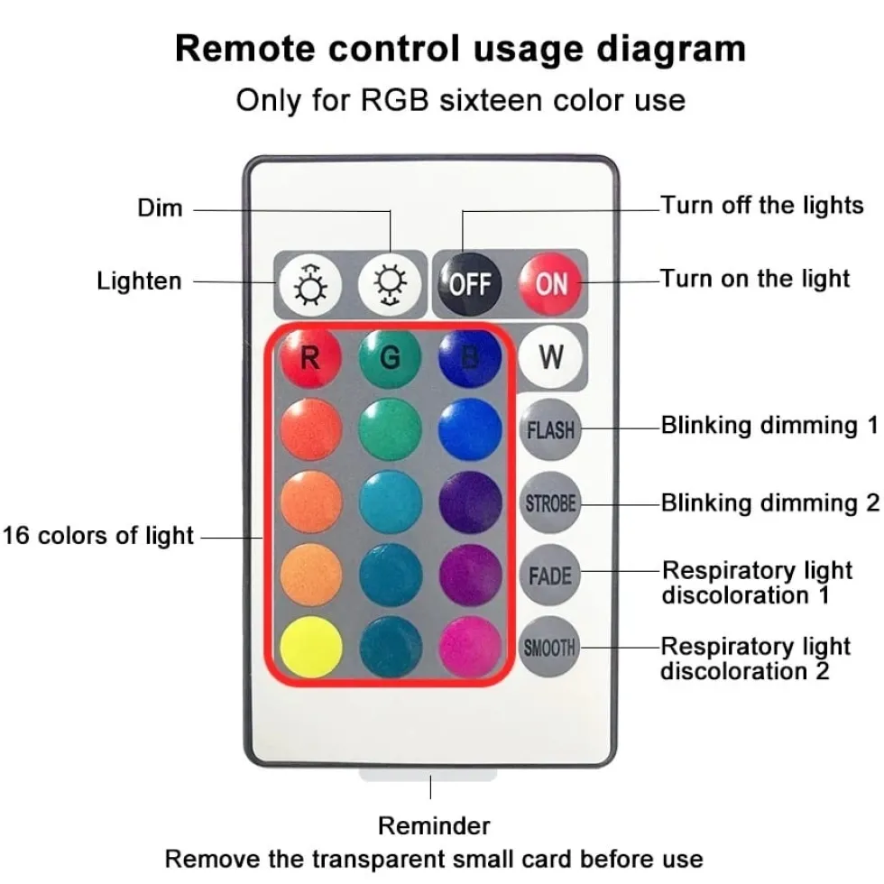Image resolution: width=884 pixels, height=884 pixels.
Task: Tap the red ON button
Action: (x=551, y=283)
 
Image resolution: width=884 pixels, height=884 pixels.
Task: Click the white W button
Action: (x=550, y=357)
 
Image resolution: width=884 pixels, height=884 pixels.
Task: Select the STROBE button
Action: (x=550, y=502)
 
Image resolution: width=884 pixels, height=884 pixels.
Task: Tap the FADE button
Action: (x=549, y=576)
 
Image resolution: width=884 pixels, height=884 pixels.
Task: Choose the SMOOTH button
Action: (x=549, y=648)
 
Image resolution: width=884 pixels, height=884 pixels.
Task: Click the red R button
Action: (x=310, y=358)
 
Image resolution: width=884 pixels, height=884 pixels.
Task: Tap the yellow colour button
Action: (x=310, y=648)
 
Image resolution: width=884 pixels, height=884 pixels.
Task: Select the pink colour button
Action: (x=470, y=648)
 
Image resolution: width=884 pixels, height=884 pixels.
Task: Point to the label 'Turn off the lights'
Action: (x=761, y=206)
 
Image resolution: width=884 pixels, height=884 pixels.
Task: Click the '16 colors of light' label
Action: (x=98, y=536)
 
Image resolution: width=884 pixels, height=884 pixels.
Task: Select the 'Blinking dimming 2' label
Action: (x=770, y=503)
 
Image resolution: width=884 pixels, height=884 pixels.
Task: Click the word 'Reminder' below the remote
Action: (x=434, y=826)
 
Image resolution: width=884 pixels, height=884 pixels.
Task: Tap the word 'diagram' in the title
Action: (x=671, y=49)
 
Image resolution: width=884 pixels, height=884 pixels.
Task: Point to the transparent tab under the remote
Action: (x=428, y=774)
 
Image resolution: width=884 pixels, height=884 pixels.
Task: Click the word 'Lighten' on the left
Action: (x=139, y=281)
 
